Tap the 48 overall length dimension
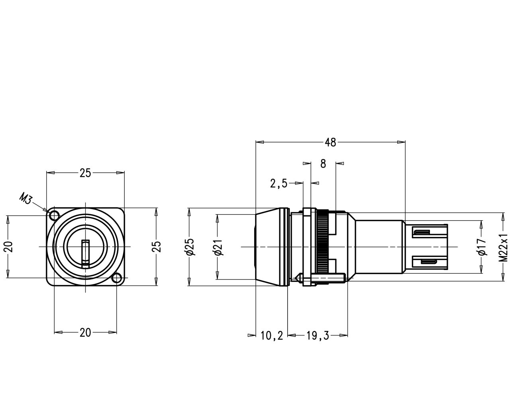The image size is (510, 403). [330, 143]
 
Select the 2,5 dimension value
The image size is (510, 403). [279, 183]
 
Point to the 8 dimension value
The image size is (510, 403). [323, 164]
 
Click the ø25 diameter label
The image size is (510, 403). [190, 247]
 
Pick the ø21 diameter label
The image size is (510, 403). [218, 247]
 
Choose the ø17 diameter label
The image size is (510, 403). [482, 247]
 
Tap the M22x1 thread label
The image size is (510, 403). [504, 247]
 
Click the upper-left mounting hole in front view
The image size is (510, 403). [54, 215]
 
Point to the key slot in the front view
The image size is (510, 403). [86, 254]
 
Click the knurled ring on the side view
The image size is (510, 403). [322, 247]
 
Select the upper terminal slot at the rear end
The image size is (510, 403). [421, 232]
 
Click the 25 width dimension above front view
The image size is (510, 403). [85, 173]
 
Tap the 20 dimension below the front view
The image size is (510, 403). [85, 333]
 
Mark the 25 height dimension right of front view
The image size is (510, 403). [157, 247]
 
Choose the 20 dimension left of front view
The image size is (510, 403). [8, 246]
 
